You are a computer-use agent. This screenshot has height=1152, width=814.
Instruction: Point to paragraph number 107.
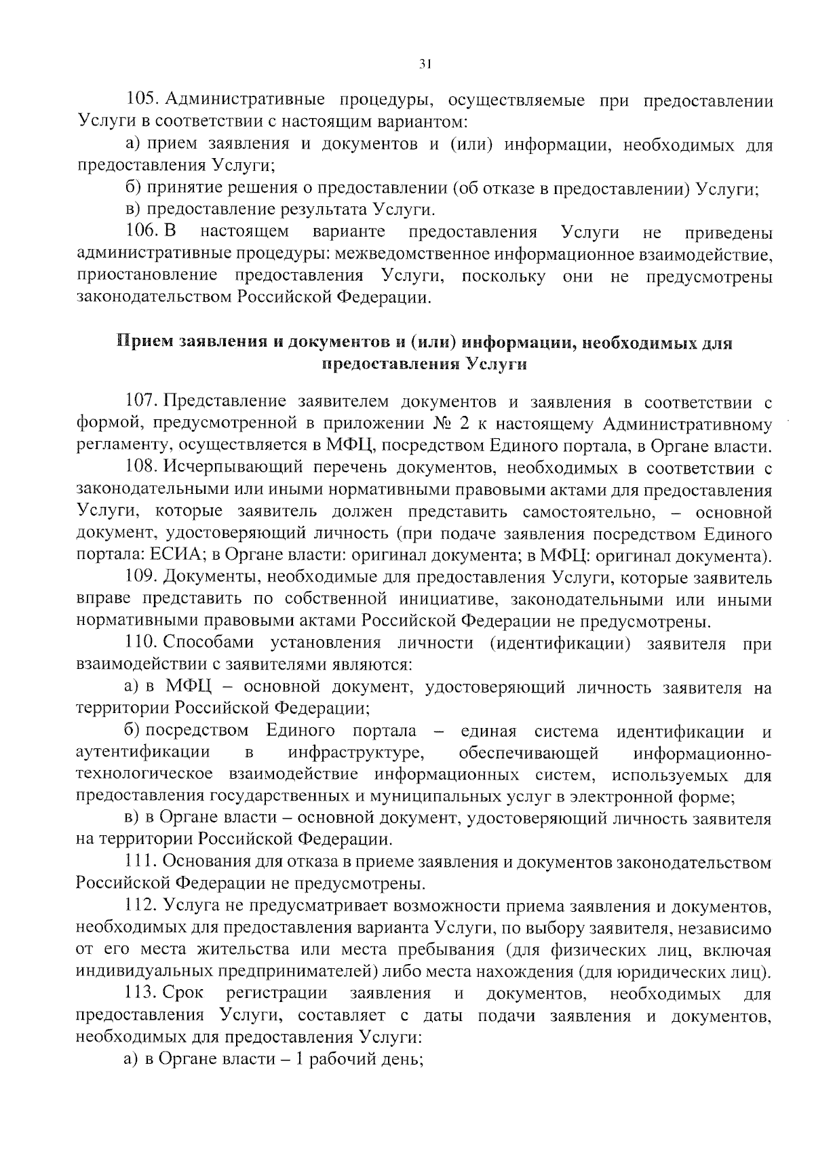coord(141,402)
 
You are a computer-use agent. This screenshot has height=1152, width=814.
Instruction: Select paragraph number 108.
coord(141,468)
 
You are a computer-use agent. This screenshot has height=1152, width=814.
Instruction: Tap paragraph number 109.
coord(141,578)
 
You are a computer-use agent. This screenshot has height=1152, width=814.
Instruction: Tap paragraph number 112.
coord(141,907)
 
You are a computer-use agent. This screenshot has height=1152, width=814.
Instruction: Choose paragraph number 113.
coord(141,994)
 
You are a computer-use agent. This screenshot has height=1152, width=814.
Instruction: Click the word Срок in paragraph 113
coord(183,994)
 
